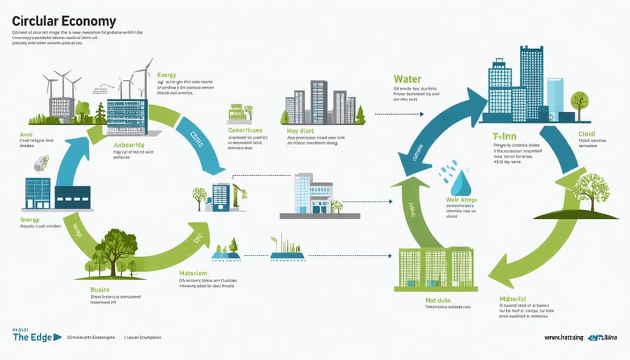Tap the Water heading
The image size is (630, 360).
407,79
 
